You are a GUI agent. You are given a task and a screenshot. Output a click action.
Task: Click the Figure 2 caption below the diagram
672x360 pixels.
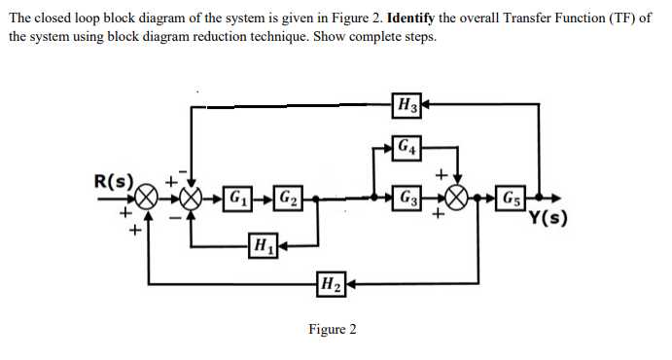point(332,329)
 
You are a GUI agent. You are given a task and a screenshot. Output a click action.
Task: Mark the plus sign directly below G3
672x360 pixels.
point(440,217)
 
